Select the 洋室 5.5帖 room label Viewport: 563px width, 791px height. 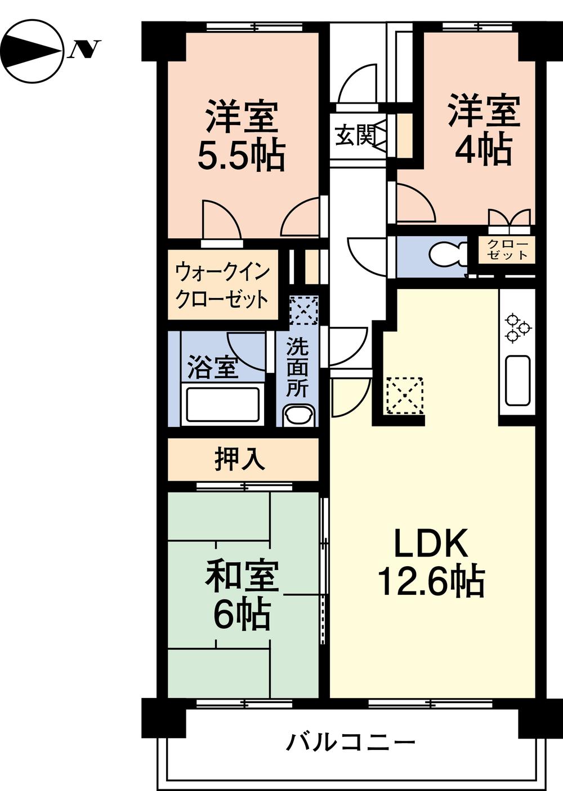pos(241,135)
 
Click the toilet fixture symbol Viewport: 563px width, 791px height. pos(448,255)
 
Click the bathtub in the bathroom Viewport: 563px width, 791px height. pos(223,403)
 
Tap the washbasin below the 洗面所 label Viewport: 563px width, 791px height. pos(299,416)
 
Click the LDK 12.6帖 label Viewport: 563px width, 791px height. pos(431,563)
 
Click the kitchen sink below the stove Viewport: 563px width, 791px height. pos(517,381)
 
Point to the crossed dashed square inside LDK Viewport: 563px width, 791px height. pos(404,395)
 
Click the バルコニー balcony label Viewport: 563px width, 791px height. pos(350,743)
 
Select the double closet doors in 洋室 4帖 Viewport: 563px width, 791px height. pos(510,219)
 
